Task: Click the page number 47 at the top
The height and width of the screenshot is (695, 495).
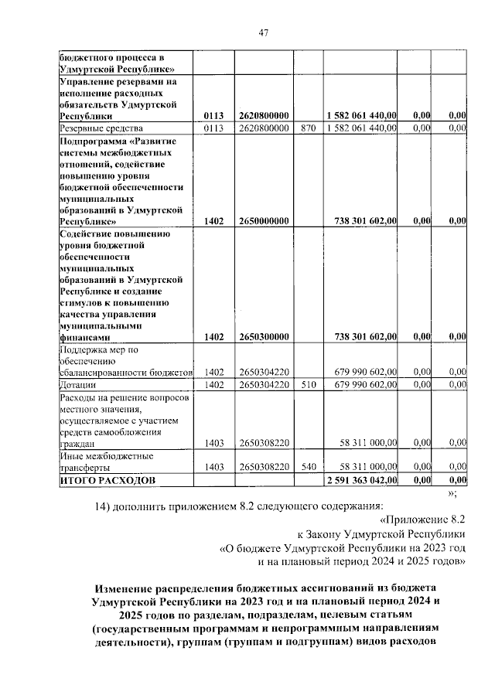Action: pyautogui.click(x=263, y=32)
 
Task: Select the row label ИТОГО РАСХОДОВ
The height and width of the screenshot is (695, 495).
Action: pyautogui.click(x=108, y=480)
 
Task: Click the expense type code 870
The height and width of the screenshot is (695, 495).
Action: pyautogui.click(x=308, y=127)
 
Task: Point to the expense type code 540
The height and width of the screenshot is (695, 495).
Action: pyautogui.click(x=308, y=468)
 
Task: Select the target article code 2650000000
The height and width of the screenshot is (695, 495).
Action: pyautogui.click(x=265, y=220)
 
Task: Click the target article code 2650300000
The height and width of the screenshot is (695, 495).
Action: pyautogui.click(x=265, y=336)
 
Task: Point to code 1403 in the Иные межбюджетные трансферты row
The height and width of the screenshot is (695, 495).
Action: pyautogui.click(x=214, y=468)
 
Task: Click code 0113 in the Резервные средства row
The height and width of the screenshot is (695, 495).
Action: pyautogui.click(x=214, y=127)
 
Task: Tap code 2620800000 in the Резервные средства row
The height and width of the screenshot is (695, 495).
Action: pyautogui.click(x=265, y=127)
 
